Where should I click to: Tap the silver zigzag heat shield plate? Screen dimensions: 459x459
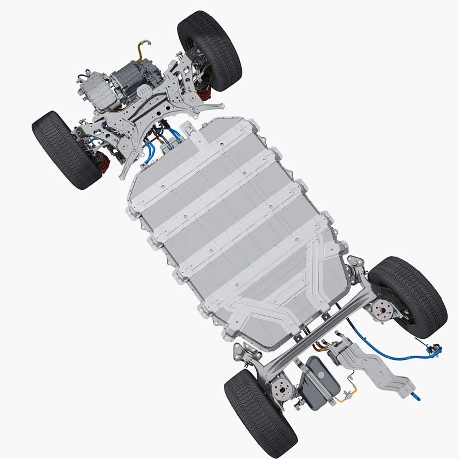point(374,365)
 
